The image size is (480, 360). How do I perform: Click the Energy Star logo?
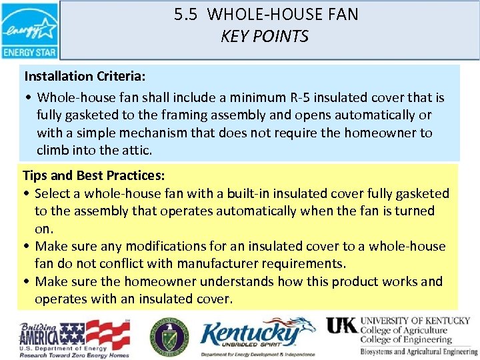(30, 31)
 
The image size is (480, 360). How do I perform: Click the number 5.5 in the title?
(187, 15)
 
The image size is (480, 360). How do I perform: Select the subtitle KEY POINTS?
(265, 36)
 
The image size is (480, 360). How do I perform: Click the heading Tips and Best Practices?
(94, 176)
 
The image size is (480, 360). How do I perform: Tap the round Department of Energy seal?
(169, 335)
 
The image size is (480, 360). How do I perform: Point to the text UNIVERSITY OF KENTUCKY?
(415, 321)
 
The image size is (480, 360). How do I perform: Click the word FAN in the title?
(343, 15)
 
